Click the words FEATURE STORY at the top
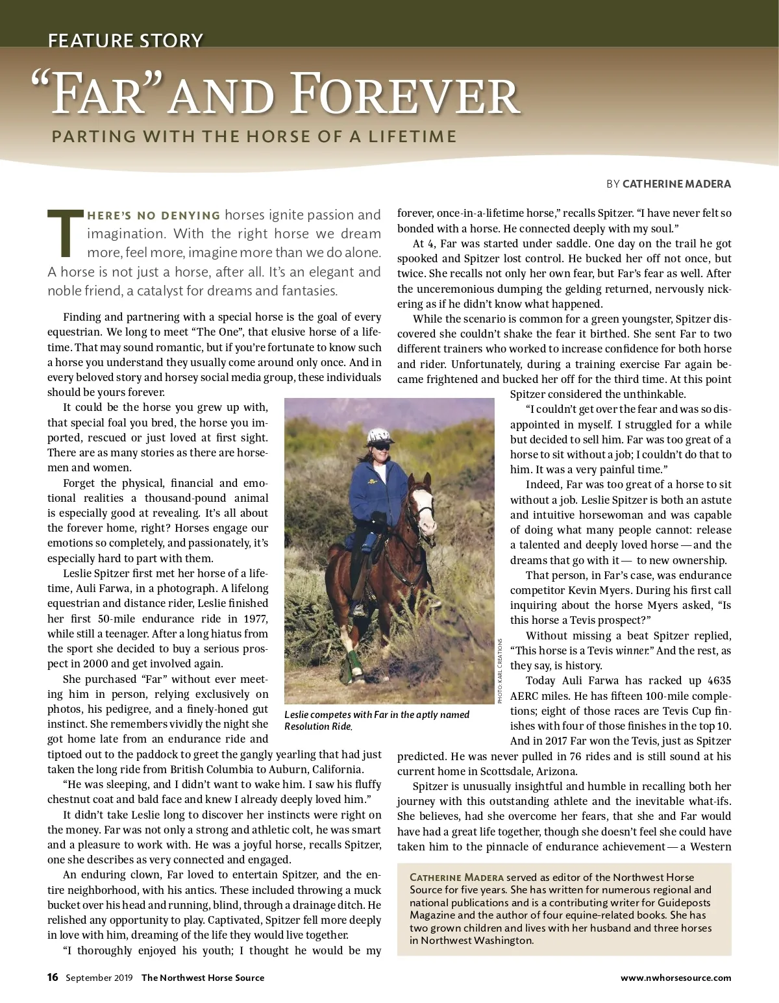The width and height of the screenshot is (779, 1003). tap(125, 40)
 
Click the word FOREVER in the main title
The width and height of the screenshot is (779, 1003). tap(405, 96)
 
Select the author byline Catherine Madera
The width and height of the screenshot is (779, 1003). tap(676, 184)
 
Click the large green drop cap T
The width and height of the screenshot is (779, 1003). tap(65, 232)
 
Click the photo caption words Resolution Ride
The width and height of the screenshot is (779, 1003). tap(318, 726)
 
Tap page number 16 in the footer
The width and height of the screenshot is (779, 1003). tap(53, 977)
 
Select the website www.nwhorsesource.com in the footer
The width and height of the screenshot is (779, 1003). tap(676, 978)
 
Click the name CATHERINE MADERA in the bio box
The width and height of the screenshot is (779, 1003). tap(456, 878)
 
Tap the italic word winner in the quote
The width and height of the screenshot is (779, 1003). tap(634, 650)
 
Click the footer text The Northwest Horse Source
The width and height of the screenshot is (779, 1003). tap(203, 978)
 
